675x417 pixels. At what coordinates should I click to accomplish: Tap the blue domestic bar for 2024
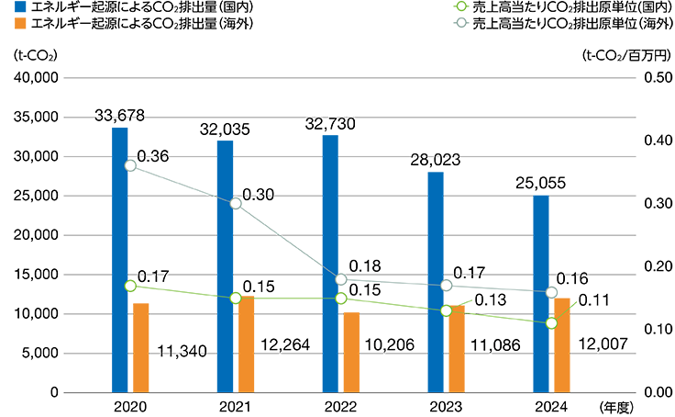[x=541, y=294]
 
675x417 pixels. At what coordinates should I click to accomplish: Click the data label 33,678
[x=120, y=115]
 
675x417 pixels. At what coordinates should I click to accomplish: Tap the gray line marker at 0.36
[x=130, y=165]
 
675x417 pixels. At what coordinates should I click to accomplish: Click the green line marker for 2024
[x=551, y=323]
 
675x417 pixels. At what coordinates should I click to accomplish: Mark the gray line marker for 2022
[x=341, y=279]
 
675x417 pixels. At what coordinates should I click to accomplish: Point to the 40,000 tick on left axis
[x=38, y=78]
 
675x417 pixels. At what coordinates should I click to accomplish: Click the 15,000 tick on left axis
[x=38, y=275]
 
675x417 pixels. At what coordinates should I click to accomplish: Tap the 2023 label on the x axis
[x=446, y=407]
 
